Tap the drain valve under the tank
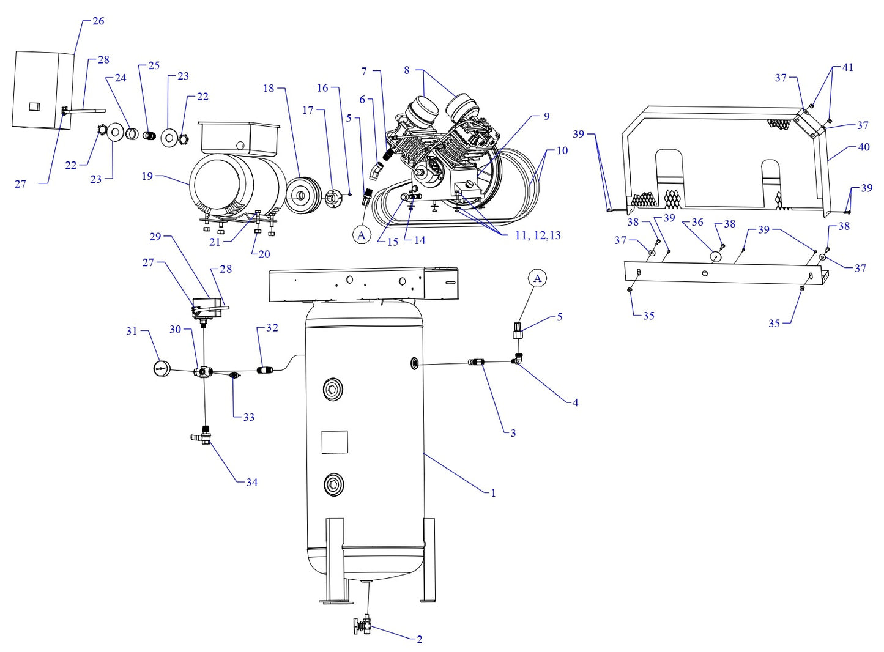pos(362,626)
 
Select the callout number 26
pos(98,21)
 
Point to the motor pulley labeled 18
pos(300,195)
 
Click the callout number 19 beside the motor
pos(147,176)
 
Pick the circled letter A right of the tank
pos(538,279)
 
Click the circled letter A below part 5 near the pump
pos(362,235)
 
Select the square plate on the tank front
pos(335,442)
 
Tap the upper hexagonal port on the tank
pos(333,390)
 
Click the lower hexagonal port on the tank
pos(333,484)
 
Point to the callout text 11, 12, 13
pos(537,235)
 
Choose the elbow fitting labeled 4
pos(518,360)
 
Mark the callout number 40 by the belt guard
pos(863,147)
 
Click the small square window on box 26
pos(34,106)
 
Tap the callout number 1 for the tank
pos(493,493)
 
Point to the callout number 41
pos(847,67)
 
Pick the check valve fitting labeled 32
pos(266,369)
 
